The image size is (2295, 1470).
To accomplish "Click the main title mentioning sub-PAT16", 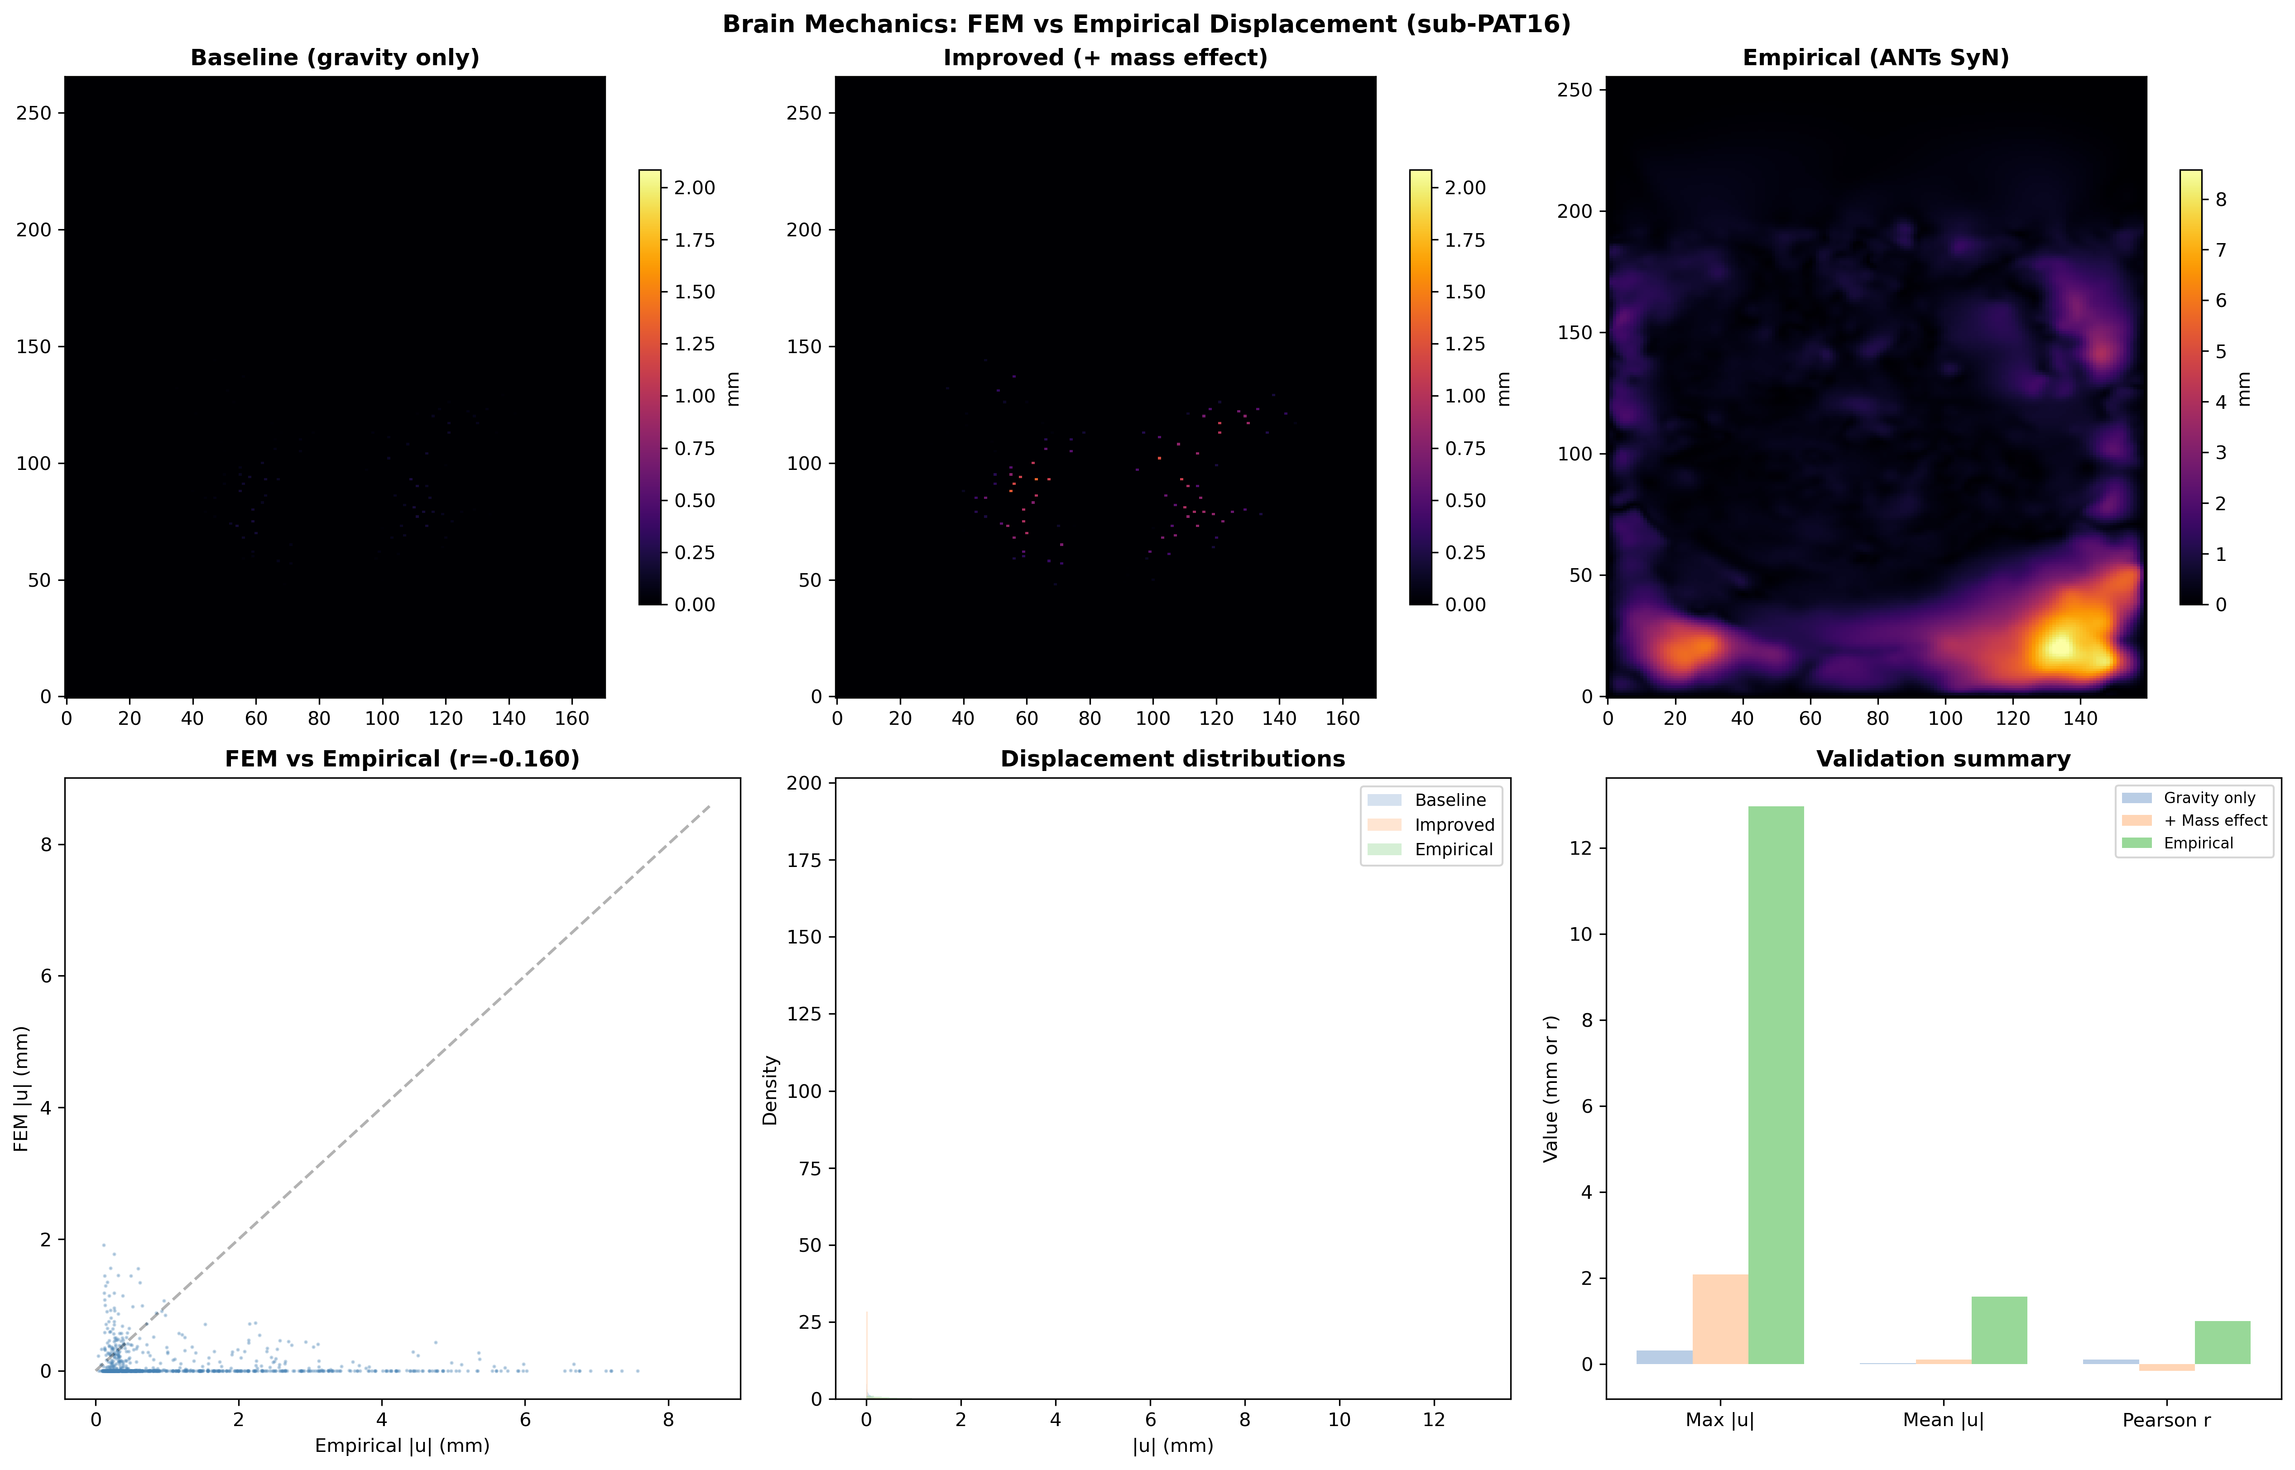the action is [1147, 24].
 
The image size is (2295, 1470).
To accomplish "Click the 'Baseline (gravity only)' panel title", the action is [335, 57].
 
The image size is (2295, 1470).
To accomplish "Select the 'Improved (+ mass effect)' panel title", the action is [1105, 57].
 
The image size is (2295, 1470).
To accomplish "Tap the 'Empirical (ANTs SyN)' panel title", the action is [1876, 57].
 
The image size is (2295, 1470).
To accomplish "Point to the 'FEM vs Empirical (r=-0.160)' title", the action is [402, 759].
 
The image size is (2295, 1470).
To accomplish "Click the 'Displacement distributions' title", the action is [1172, 759].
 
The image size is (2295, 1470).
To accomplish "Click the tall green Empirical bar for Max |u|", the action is [1776, 1085].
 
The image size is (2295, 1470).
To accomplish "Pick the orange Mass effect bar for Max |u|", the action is [1720, 1319].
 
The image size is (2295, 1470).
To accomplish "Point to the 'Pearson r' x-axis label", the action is [2166, 1420].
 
